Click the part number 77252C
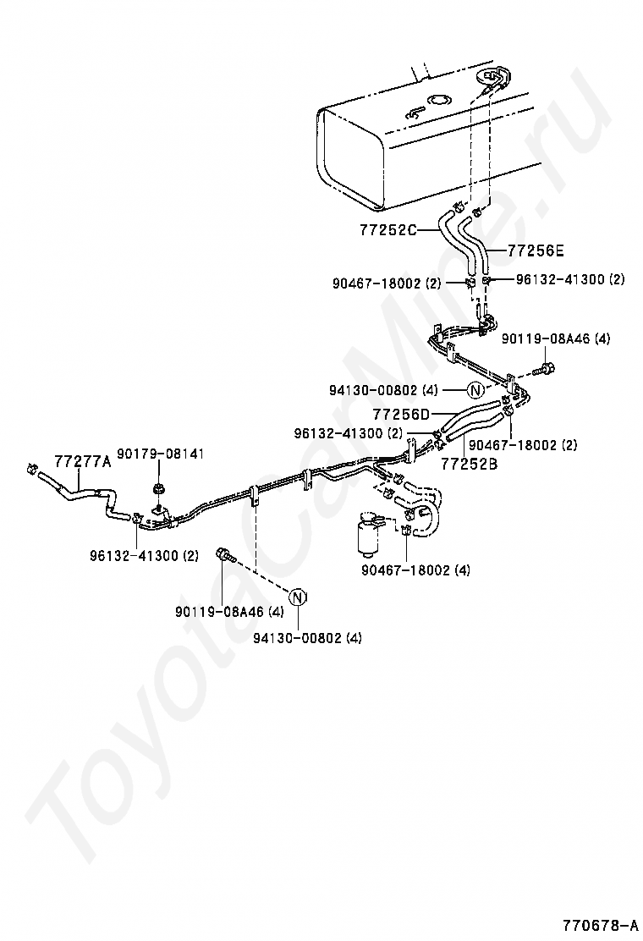(x=388, y=229)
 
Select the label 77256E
(x=536, y=250)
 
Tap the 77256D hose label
(x=401, y=414)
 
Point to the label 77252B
(x=469, y=463)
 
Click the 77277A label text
(x=83, y=461)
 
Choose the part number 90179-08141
(x=160, y=454)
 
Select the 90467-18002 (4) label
(x=415, y=570)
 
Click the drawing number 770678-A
(x=599, y=923)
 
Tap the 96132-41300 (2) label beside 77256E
(x=570, y=279)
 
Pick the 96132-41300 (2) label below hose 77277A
(x=145, y=556)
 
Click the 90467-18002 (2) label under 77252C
(x=387, y=283)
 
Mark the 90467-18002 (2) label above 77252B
(x=523, y=445)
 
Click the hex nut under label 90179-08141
(x=159, y=488)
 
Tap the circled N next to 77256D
(x=475, y=390)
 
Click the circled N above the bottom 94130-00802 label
(x=298, y=597)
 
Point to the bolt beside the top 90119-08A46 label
(x=546, y=368)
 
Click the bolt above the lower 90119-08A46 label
(x=224, y=554)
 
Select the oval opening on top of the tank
(x=438, y=100)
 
